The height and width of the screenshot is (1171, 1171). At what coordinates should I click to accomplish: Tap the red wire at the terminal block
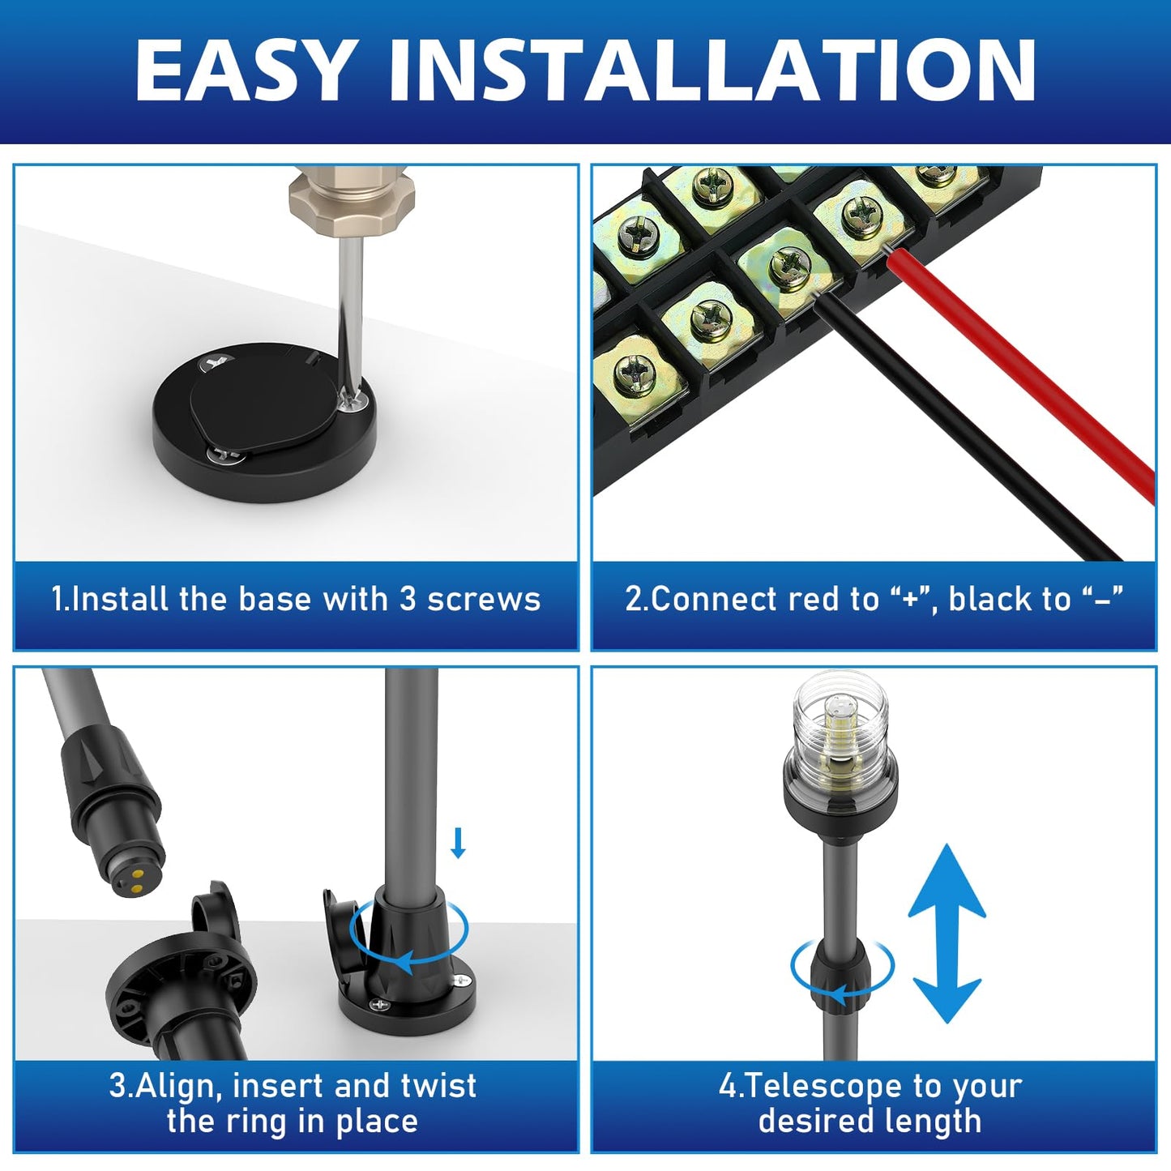(x=1021, y=374)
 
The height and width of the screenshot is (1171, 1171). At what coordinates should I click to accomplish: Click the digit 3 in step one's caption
(x=408, y=599)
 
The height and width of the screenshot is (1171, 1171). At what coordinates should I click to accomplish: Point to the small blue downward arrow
(x=459, y=844)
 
